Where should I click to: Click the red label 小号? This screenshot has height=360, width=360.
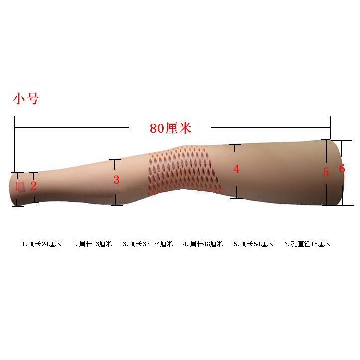coord(26,99)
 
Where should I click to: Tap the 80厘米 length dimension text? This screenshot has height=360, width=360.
coord(171,128)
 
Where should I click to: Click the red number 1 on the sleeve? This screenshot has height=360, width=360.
coord(16,186)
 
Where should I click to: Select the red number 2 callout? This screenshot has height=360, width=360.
coord(33,186)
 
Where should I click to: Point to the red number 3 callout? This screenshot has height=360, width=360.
coord(116,180)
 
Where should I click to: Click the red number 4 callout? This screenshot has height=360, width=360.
coord(236,169)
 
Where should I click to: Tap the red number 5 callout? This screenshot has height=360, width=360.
coord(326,172)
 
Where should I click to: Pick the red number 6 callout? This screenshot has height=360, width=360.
coord(342,169)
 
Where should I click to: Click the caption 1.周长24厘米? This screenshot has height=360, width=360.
coord(42,244)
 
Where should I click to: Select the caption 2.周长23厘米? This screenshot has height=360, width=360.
coord(92,244)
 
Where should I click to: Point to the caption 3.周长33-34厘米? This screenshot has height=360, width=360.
coord(148,244)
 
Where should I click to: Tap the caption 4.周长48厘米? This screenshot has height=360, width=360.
coord(203,244)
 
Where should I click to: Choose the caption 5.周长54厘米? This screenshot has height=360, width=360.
coord(254,244)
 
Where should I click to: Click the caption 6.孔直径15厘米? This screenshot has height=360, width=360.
coord(307,244)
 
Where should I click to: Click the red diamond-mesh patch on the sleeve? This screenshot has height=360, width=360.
coord(182,170)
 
